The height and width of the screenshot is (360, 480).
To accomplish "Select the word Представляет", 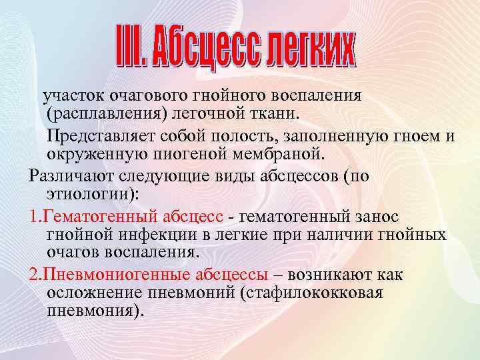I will pos(100,137).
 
